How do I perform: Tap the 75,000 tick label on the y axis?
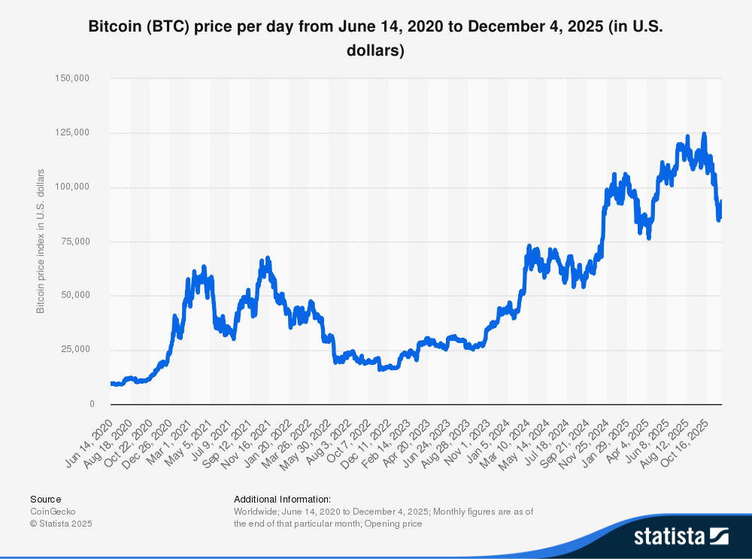coord(76,241)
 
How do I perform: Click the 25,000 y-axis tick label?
coord(76,349)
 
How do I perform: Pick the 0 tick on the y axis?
coord(91,404)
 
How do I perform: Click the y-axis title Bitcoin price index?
coord(41,241)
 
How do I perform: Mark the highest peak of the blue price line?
coord(704,134)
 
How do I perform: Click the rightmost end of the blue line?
coord(721,202)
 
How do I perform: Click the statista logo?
coord(681,536)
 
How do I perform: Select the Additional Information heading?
coord(282,499)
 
